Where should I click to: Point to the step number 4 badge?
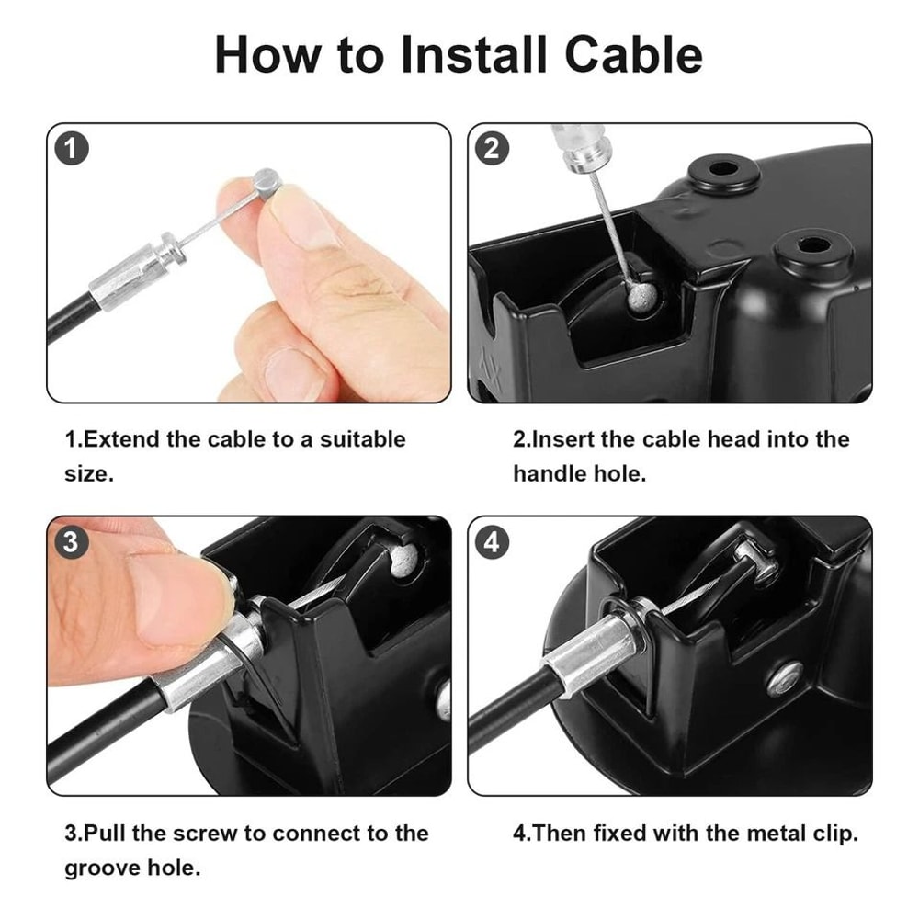[493, 542]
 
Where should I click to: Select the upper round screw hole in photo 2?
[724, 171]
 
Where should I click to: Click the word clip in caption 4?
[828, 834]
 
